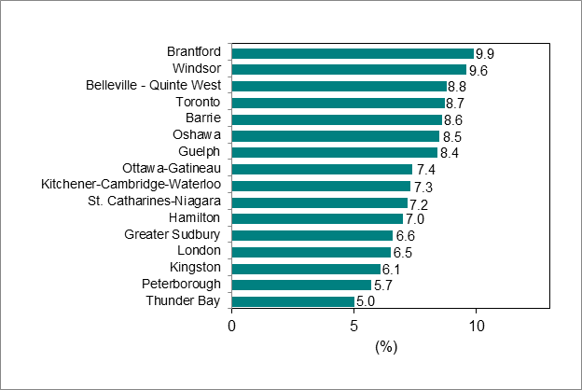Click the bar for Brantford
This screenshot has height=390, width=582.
tap(353, 53)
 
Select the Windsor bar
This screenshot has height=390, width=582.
tap(349, 69)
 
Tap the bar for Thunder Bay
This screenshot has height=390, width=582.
tap(293, 301)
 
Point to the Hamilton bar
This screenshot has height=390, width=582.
tap(317, 218)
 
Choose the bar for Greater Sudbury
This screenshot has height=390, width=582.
tap(312, 235)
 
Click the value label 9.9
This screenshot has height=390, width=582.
tap(484, 53)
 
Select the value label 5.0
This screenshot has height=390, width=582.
tap(365, 301)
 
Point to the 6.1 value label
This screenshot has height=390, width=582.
tap(392, 269)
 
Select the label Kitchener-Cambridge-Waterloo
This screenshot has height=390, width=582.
tap(132, 185)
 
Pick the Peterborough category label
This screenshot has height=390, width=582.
tap(181, 285)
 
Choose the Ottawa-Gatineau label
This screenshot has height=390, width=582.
tap(172, 168)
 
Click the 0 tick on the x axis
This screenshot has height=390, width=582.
tap(232, 326)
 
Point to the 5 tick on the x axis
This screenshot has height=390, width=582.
tap(354, 326)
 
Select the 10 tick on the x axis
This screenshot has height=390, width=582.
tap(476, 326)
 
